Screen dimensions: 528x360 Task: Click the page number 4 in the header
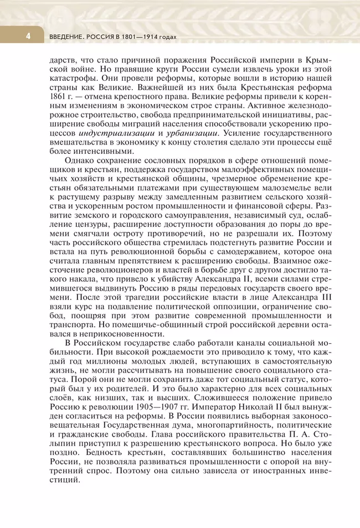coord(12,37)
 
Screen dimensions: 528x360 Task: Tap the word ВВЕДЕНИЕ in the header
coord(65,37)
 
